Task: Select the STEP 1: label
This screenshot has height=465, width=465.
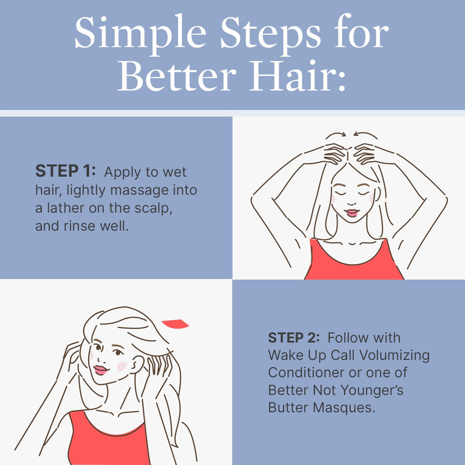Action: [x=66, y=171]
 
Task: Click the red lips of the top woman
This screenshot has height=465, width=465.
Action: [x=352, y=213]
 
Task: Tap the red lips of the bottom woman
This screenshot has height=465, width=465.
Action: [x=101, y=371]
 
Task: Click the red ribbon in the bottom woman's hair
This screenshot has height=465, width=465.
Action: [x=175, y=324]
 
